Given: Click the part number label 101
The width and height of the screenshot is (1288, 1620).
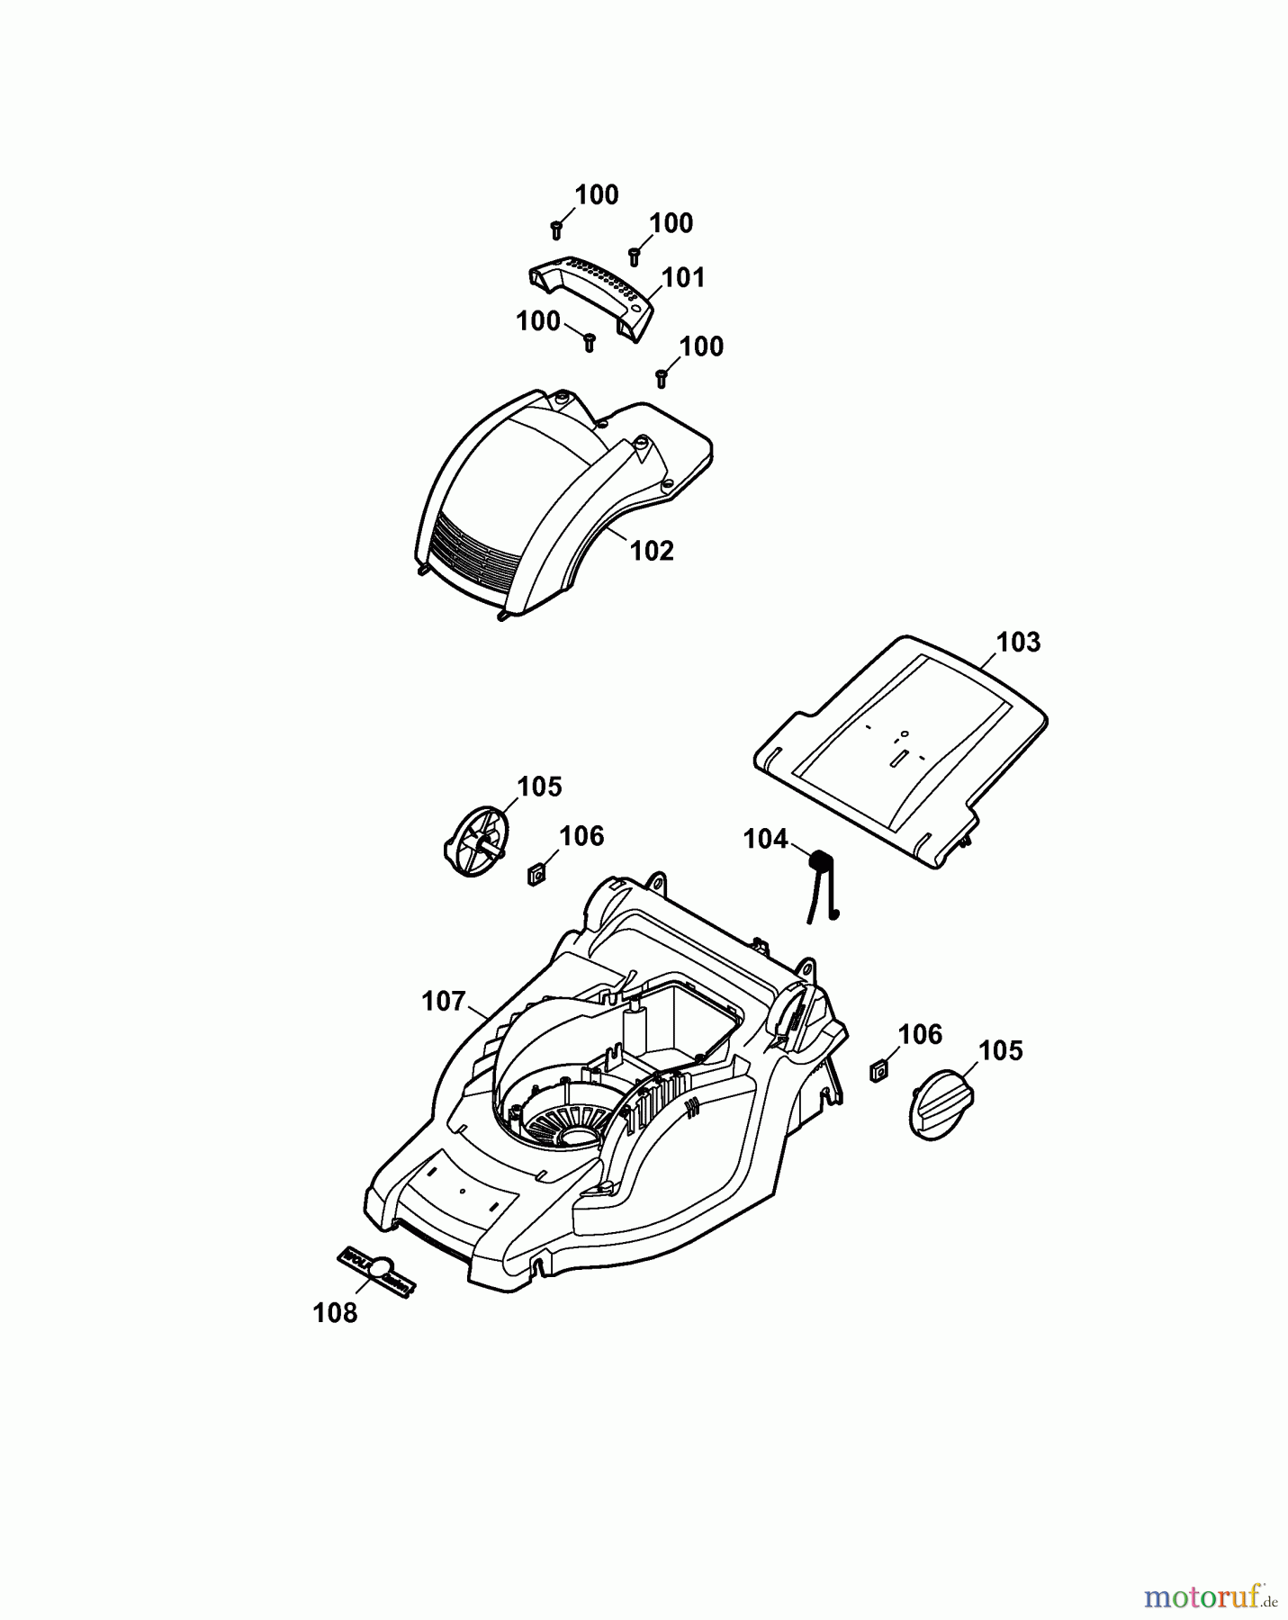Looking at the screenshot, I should coord(684,277).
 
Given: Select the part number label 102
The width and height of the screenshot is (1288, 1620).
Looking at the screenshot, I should coord(652,550).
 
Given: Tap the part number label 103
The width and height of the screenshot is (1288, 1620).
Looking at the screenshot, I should coord(1018,643).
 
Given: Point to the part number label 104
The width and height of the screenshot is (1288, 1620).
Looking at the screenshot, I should coord(765,839).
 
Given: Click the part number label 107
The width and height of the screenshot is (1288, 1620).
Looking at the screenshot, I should coord(444,1001).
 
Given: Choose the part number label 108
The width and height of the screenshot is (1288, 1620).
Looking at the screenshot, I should coord(335,1313).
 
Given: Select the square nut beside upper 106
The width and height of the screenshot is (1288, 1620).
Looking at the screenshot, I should coord(537,872).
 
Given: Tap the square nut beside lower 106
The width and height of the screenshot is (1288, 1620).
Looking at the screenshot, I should coord(879,1071).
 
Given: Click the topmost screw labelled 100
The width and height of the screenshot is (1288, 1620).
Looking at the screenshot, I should coord(557,229).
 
